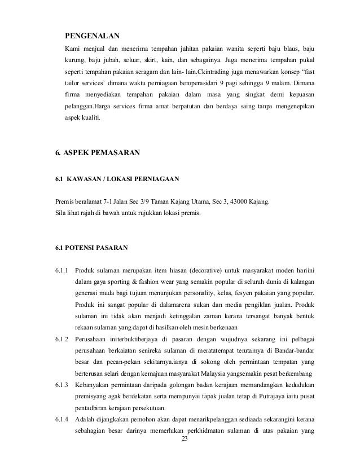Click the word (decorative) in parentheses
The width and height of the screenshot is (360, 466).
[207, 269]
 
